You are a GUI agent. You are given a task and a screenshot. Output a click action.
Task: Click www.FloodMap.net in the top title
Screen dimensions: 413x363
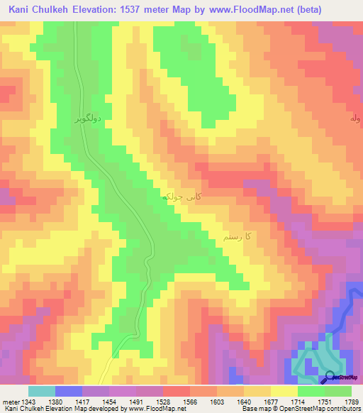point(245,10)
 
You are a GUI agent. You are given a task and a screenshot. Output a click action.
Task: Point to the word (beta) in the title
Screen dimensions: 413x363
point(304,10)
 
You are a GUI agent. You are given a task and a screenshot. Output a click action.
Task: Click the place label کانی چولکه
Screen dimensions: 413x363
point(177,194)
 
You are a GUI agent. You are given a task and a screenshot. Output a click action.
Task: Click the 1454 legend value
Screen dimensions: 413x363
point(110,400)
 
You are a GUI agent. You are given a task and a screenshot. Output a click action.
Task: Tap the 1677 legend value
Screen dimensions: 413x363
point(270,400)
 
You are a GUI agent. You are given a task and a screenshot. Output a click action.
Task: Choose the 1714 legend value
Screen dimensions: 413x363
point(297,400)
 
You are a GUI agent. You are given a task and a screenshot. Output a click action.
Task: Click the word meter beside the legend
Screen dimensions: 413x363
point(10,400)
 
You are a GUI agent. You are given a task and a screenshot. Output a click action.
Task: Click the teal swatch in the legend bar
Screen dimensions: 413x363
point(41,391)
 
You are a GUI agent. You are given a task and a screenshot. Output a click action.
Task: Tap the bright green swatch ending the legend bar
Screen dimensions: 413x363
point(338,391)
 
